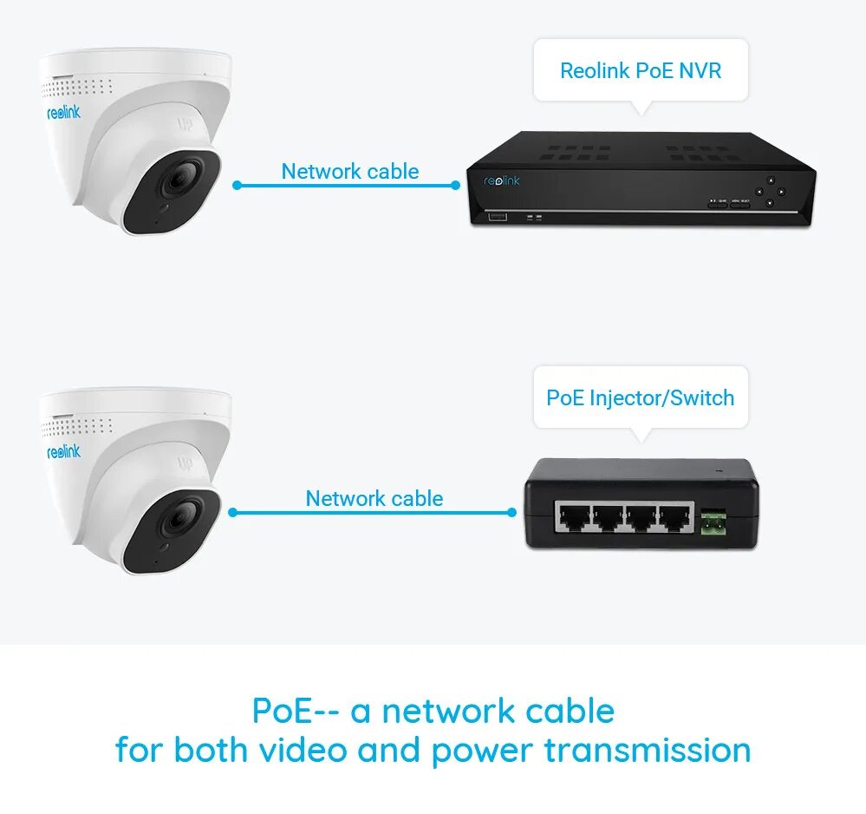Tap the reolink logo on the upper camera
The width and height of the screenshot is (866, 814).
coord(63,113)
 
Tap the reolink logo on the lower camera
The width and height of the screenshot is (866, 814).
coord(63,451)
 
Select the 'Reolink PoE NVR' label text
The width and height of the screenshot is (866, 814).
coord(641,70)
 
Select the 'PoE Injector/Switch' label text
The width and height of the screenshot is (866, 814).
coord(640,398)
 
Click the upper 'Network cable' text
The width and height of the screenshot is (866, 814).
coord(350,171)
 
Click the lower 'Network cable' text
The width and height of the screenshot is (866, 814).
coord(374,499)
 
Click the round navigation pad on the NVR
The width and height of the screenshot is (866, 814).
coord(768,192)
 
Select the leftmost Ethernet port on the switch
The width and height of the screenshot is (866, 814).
coord(573,519)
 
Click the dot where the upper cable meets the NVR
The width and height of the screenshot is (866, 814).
coord(456,185)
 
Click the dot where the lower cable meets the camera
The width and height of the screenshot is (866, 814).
coord(232,512)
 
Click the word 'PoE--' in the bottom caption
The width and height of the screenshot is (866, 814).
coord(294,712)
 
